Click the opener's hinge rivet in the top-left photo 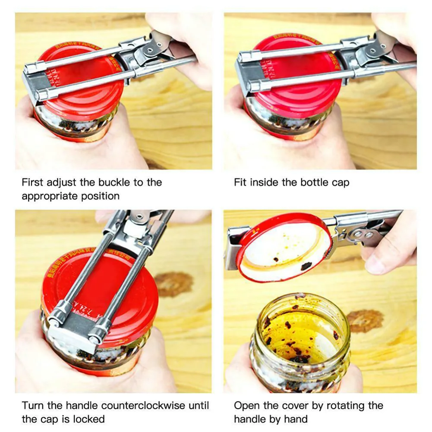149,50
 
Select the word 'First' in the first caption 32,182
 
